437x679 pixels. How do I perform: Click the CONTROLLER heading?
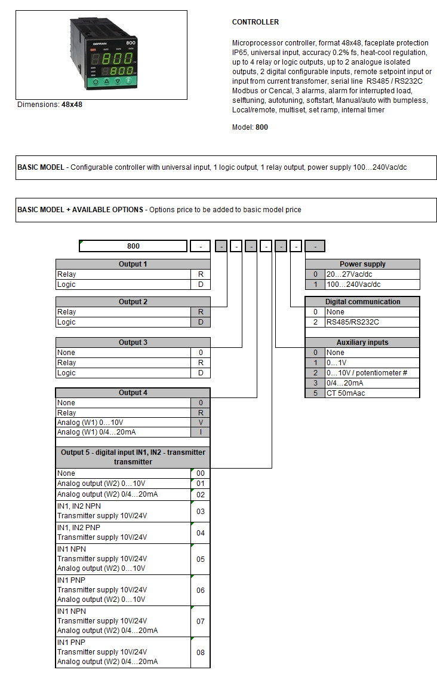[x=255, y=22]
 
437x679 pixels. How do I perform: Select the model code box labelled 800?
[x=133, y=246]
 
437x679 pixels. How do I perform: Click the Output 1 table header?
[x=133, y=264]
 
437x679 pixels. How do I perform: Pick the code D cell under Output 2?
[x=201, y=322]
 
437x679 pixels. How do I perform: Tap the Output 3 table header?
[x=133, y=342]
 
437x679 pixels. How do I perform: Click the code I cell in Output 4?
[x=201, y=432]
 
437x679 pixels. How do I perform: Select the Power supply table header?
[x=362, y=264]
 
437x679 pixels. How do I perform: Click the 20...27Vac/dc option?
[x=353, y=274]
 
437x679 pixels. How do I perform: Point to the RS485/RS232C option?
[x=352, y=322]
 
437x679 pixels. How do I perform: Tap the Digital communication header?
[x=362, y=302]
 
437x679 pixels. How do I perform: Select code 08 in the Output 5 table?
[x=201, y=652]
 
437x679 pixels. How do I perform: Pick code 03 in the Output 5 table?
[x=201, y=511]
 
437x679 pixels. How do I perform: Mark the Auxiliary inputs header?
[x=362, y=342]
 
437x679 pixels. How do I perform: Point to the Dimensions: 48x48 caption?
[x=50, y=105]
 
